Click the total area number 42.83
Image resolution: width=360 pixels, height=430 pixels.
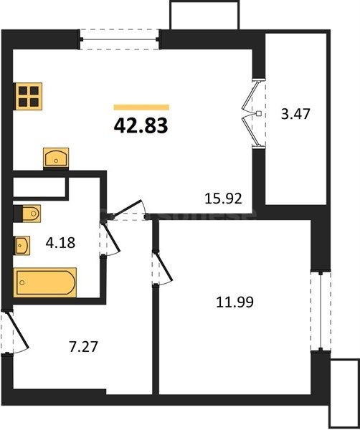141,126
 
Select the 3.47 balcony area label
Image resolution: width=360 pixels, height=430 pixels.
295,113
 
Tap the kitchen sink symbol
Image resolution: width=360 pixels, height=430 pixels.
55,156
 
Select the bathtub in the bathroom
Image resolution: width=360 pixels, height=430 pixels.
45,282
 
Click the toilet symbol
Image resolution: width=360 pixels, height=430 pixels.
28,214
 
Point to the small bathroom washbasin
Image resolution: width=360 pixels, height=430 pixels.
22,246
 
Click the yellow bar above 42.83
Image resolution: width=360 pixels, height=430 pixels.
141,107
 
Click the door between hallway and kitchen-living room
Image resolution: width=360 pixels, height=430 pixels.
128,209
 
